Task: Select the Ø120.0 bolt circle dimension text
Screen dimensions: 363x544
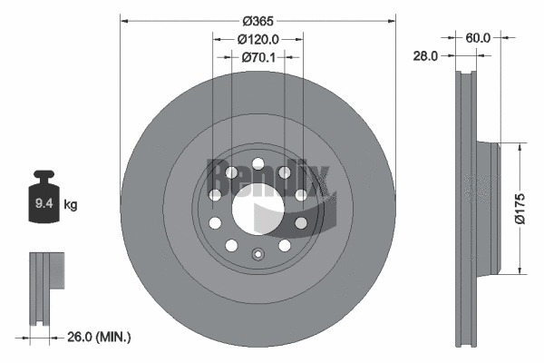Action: pyautogui.click(x=257, y=39)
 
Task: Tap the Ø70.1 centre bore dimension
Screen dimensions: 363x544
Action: pyautogui.click(x=258, y=56)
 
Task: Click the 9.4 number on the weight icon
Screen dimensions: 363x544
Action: pyautogui.click(x=42, y=205)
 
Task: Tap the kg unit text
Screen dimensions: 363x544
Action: pyautogui.click(x=71, y=205)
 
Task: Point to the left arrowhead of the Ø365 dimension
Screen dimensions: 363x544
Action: pyautogui.click(x=125, y=18)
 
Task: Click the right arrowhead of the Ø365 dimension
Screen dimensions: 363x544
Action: pyautogui.click(x=392, y=18)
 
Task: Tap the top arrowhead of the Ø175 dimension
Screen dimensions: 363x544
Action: pyautogui.click(x=519, y=145)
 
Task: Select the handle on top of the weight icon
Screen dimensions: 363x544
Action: pyautogui.click(x=42, y=176)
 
